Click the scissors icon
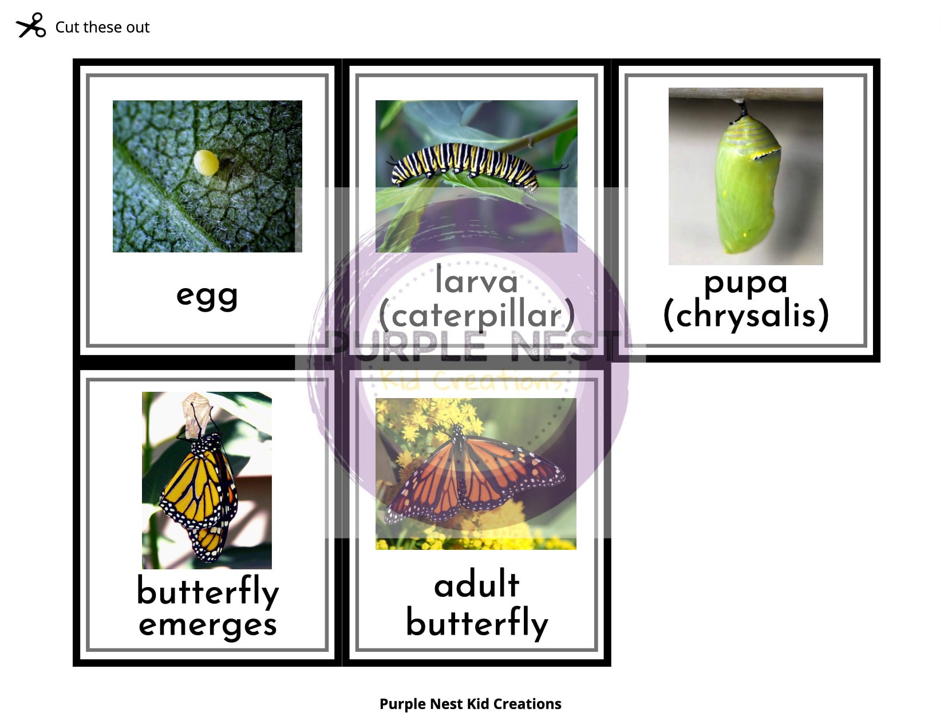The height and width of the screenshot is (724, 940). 31,26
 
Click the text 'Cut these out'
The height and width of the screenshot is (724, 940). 102,27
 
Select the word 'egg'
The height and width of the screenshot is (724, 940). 207,296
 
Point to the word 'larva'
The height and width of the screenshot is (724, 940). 476,281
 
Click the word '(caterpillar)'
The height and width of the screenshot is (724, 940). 476,316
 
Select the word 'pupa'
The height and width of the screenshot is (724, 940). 745,282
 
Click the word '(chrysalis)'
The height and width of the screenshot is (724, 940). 745,314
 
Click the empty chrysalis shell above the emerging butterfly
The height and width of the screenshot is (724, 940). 194,415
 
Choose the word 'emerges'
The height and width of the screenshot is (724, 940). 207,624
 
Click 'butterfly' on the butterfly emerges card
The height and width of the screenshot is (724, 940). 207,591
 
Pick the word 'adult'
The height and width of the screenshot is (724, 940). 476,585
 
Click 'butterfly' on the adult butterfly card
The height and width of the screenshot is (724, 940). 476,623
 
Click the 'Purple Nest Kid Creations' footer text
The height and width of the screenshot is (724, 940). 470,704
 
